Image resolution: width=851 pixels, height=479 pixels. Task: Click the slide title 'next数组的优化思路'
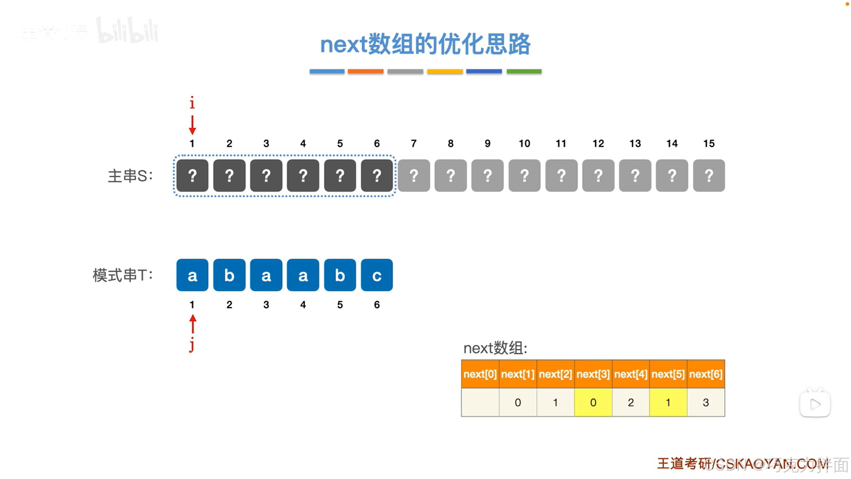coord(425,44)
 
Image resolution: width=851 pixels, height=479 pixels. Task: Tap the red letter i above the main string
coord(192,103)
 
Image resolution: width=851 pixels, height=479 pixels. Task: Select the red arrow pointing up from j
coord(192,324)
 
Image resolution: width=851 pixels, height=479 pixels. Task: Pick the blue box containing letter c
coord(376,275)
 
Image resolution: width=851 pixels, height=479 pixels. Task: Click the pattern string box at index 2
coord(229,275)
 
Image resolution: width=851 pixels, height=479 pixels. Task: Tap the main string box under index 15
coord(709,176)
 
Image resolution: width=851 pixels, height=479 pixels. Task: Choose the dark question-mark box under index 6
coord(376,176)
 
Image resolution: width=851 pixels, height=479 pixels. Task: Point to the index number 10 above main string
coord(524,143)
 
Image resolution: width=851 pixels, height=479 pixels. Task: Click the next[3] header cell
coord(593,374)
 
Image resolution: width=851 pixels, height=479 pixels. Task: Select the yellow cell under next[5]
coord(668,403)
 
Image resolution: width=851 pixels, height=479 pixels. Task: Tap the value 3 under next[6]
coord(706,403)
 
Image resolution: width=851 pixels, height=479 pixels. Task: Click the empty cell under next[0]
coord(480,403)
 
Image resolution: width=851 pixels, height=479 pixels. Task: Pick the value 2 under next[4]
coord(631,403)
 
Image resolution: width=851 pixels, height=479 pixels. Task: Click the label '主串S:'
coord(130,176)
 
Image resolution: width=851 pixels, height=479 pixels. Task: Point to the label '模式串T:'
coord(122,276)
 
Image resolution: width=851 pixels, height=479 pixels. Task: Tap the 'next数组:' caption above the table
coord(495,348)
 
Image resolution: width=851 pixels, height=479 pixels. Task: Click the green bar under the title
coord(524,71)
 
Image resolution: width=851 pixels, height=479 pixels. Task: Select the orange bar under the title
coord(365,71)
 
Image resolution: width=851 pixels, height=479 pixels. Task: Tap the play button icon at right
coord(815,404)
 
